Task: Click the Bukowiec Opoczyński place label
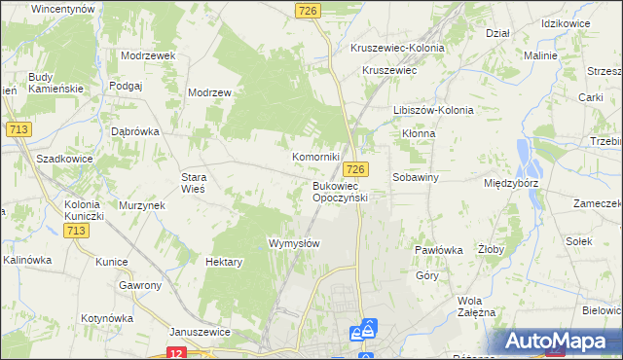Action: coord(339,191)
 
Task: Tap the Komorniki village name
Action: coord(316,157)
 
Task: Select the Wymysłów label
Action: coord(294,243)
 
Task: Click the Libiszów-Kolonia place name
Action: coord(433,110)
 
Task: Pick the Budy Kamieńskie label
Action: coord(55,83)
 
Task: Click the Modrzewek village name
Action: coord(148,55)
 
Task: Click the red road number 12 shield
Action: coord(175,353)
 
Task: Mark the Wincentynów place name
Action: coord(62,8)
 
